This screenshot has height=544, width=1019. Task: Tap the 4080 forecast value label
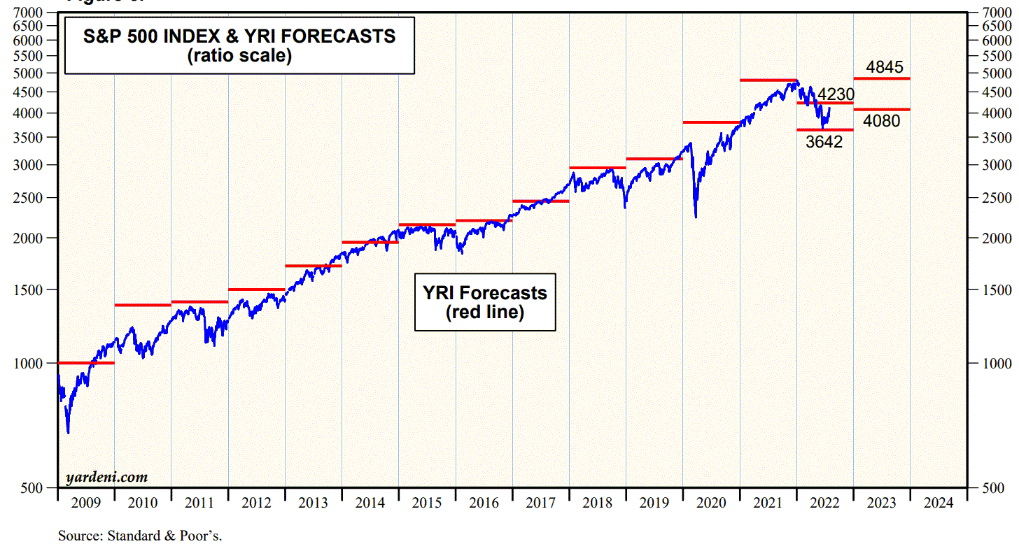click(x=881, y=121)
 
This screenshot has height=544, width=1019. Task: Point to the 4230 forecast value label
click(x=836, y=94)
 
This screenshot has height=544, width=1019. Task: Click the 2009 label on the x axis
click(x=85, y=503)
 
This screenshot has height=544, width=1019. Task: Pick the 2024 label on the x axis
click(x=938, y=503)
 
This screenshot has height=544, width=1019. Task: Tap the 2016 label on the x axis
click(x=484, y=503)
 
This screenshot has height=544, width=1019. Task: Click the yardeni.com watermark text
click(x=106, y=478)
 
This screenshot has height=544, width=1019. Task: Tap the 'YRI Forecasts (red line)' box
click(x=485, y=301)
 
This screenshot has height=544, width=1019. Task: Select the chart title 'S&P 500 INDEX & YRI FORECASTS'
click(x=239, y=36)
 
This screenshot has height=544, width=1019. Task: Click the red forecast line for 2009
click(x=85, y=363)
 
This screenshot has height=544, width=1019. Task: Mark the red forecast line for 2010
click(x=142, y=305)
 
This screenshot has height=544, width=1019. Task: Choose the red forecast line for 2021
click(x=768, y=80)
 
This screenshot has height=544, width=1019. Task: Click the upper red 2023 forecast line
click(x=881, y=78)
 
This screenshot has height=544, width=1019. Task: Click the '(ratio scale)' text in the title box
click(x=239, y=56)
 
